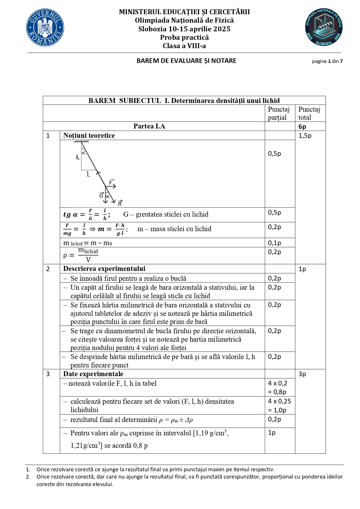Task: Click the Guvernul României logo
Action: [x=45, y=28]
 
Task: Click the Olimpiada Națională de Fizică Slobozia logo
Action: [x=324, y=27]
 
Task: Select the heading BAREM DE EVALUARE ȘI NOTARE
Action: [x=187, y=61]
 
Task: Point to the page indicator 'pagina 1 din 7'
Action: [x=327, y=61]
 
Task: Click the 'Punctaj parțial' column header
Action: [x=278, y=113]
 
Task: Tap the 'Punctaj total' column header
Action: [x=309, y=113]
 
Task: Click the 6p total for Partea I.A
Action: [x=302, y=126]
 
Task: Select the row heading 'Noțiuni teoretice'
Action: [x=89, y=135]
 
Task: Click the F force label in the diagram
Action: [x=111, y=182]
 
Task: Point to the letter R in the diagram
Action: [x=120, y=204]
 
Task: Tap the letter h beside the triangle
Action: [x=77, y=157]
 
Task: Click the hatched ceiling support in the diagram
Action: [x=81, y=141]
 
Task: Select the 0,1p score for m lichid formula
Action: [x=274, y=243]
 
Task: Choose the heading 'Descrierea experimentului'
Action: [x=104, y=269]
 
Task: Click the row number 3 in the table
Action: [x=48, y=374]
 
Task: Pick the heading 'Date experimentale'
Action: [x=93, y=374]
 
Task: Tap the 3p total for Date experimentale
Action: [x=302, y=374]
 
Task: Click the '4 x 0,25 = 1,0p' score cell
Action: [x=279, y=405]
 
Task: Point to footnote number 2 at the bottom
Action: [x=28, y=477]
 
